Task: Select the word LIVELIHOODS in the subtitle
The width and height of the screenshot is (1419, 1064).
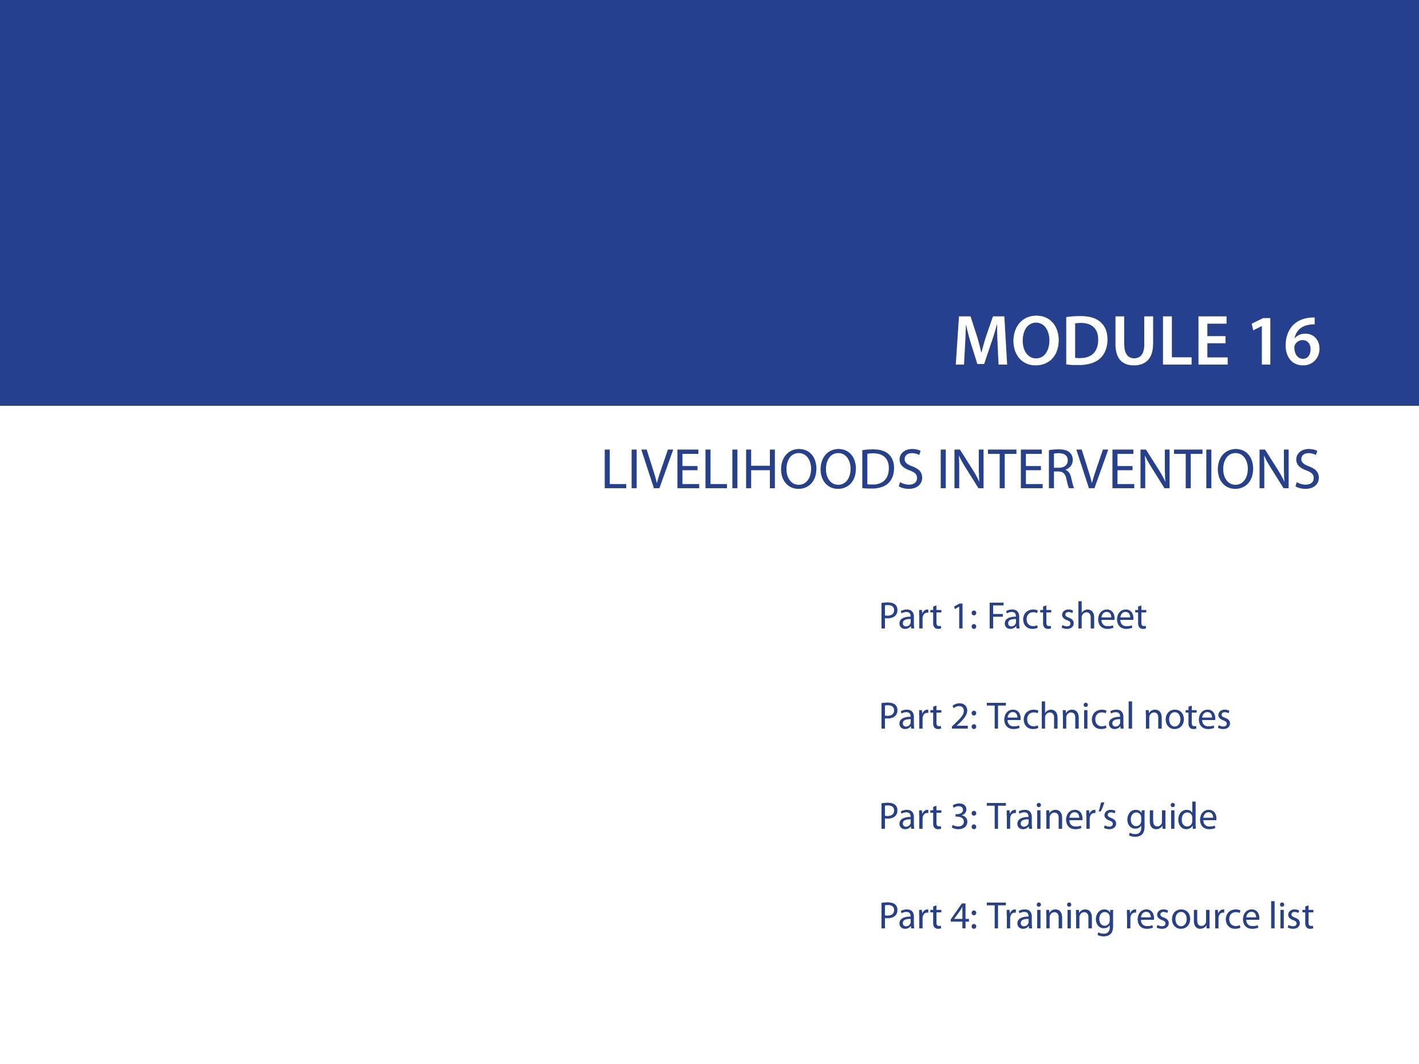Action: coord(761,470)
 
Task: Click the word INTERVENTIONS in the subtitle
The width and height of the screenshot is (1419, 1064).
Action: coord(1128,470)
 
